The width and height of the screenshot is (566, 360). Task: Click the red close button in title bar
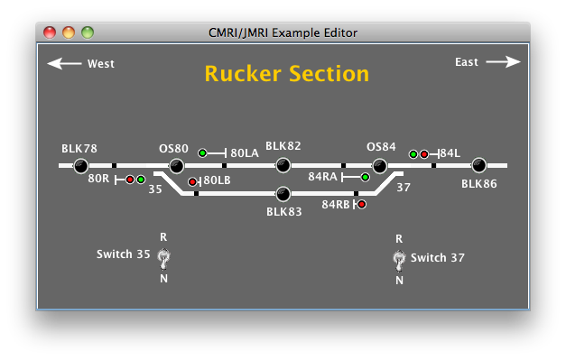[x=50, y=32]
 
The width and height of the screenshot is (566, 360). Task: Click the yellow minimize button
[x=69, y=32]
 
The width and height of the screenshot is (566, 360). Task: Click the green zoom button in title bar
[x=88, y=32]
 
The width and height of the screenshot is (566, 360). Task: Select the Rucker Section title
[x=286, y=74]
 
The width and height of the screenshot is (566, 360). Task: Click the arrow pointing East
[x=503, y=62]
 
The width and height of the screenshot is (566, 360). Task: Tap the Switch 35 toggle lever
[x=163, y=259]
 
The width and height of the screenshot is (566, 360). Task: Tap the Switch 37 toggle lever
[x=399, y=260]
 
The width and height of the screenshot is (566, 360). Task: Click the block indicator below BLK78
[x=80, y=165]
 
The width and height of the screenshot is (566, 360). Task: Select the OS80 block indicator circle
[x=177, y=165]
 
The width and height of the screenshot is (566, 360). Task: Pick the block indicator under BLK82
[x=283, y=165]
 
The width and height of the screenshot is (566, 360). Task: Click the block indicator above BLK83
[x=283, y=193]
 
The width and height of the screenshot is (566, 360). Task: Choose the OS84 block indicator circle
[x=380, y=165]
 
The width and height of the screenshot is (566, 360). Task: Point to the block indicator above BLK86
[x=478, y=165]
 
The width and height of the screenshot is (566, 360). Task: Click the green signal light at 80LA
[x=203, y=153]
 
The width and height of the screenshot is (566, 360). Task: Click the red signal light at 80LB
[x=192, y=182]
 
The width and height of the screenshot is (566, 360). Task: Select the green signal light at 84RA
[x=366, y=178]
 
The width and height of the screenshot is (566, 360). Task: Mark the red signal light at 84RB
[x=362, y=205]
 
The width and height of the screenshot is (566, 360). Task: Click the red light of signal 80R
[x=130, y=180]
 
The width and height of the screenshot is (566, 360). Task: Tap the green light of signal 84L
[x=413, y=154]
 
